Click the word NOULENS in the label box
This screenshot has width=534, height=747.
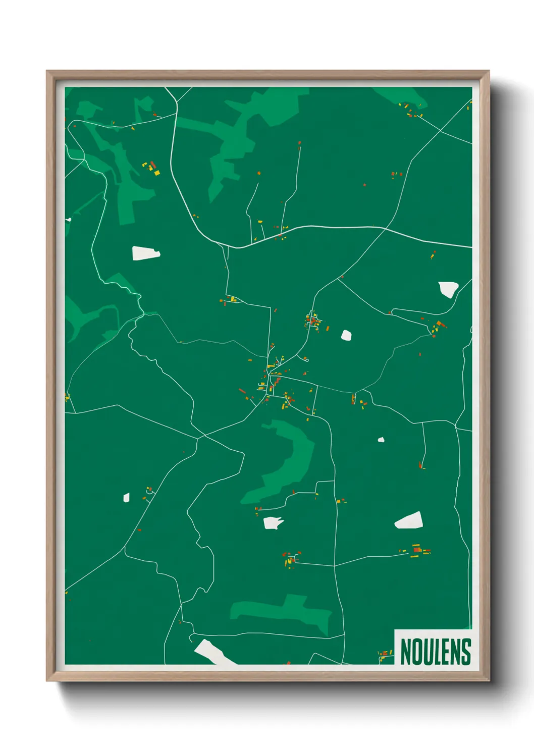click(435, 652)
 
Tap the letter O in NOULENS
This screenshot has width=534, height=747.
click(416, 652)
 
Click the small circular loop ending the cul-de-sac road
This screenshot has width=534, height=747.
click(307, 360)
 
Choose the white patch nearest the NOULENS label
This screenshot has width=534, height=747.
click(409, 521)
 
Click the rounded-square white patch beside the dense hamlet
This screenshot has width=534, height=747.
click(346, 335)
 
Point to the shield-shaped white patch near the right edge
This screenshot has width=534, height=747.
click(448, 289)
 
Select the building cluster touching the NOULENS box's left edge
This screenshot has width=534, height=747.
click(386, 655)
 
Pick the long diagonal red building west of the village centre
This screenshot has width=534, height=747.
click(242, 391)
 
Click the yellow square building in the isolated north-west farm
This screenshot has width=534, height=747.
click(157, 173)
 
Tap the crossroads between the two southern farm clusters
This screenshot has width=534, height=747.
click(335, 566)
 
